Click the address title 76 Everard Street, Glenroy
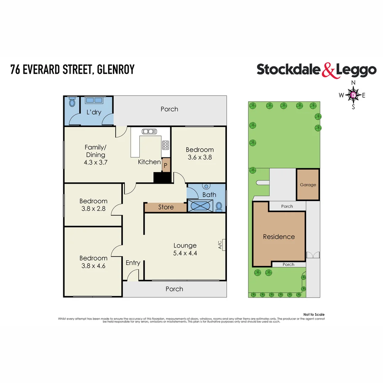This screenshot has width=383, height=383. [x=72, y=69]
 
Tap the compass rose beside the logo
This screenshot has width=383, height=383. [x=353, y=95]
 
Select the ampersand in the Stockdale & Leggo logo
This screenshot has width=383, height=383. [x=328, y=70]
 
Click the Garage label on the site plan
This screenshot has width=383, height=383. [x=308, y=185]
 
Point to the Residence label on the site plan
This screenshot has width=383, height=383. [x=279, y=237]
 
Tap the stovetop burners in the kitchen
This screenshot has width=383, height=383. [x=166, y=145]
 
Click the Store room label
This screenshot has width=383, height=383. [x=166, y=207]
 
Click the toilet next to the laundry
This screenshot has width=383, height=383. [x=72, y=102]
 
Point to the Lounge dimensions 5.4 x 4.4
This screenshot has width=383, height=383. [x=185, y=253]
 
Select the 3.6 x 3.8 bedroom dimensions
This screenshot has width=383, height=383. [x=200, y=157]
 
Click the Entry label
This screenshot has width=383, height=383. [x=133, y=263]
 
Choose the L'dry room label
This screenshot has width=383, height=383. [x=94, y=112]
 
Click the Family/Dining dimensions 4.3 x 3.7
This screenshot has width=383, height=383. [x=95, y=162]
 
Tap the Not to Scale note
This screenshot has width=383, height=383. [x=314, y=315]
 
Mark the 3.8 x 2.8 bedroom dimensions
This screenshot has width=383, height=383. [x=93, y=209]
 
